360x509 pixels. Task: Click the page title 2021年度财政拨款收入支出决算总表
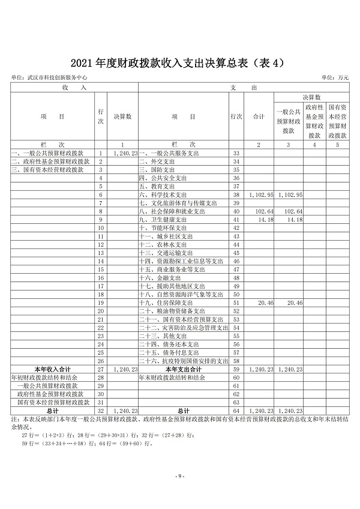(x=179, y=62)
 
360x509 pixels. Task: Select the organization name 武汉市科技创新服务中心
(x=58, y=77)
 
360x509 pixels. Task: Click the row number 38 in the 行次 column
(x=236, y=195)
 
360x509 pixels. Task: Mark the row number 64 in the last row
(x=236, y=411)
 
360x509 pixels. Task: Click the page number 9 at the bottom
(x=179, y=475)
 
